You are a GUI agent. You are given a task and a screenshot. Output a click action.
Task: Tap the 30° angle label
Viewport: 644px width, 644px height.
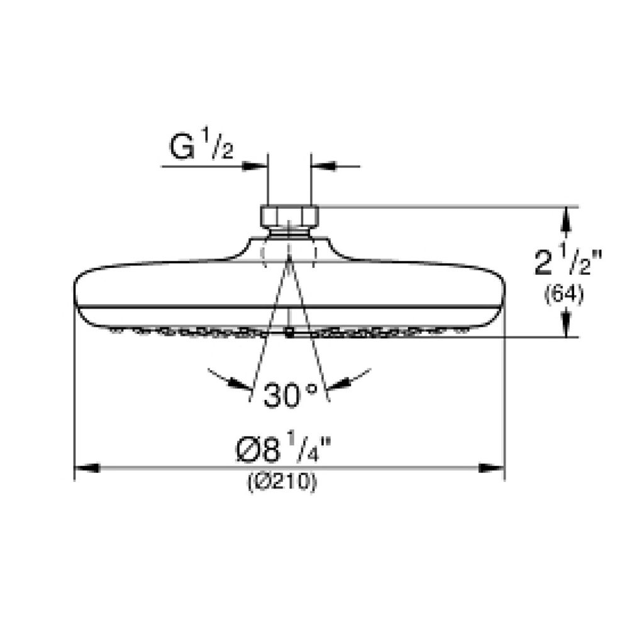point(290,395)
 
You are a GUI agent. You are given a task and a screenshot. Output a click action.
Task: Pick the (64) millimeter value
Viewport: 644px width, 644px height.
point(564,295)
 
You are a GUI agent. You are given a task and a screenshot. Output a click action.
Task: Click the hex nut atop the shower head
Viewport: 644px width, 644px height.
point(289,216)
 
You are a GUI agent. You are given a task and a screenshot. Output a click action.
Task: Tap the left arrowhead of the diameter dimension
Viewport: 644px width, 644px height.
point(87,468)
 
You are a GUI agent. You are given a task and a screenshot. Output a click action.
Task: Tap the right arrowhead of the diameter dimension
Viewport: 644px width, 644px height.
point(492,468)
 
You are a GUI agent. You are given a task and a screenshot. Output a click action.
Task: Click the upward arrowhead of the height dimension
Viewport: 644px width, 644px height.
point(567,219)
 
